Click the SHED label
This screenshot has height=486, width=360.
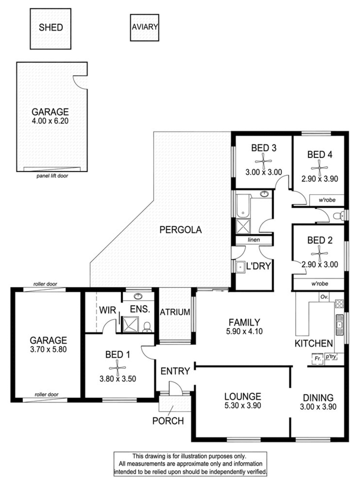pyautogui.click(x=50, y=27)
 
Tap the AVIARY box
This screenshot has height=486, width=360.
pyautogui.click(x=145, y=27)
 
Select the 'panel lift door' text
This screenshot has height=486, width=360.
pyautogui.click(x=52, y=176)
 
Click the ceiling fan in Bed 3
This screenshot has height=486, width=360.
pyautogui.click(x=263, y=163)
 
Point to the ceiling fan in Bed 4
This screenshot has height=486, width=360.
pyautogui.click(x=319, y=168)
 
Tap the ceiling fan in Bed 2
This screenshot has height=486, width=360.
pyautogui.click(x=319, y=253)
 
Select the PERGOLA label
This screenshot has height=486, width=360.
pyautogui.click(x=180, y=230)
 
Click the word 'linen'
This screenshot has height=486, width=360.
pyautogui.click(x=254, y=240)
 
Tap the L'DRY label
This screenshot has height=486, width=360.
pyautogui.click(x=258, y=266)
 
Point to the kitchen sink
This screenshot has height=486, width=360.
pyautogui.click(x=339, y=323)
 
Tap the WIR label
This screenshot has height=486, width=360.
pyautogui.click(x=108, y=309)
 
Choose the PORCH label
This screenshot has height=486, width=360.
pyautogui.click(x=168, y=422)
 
